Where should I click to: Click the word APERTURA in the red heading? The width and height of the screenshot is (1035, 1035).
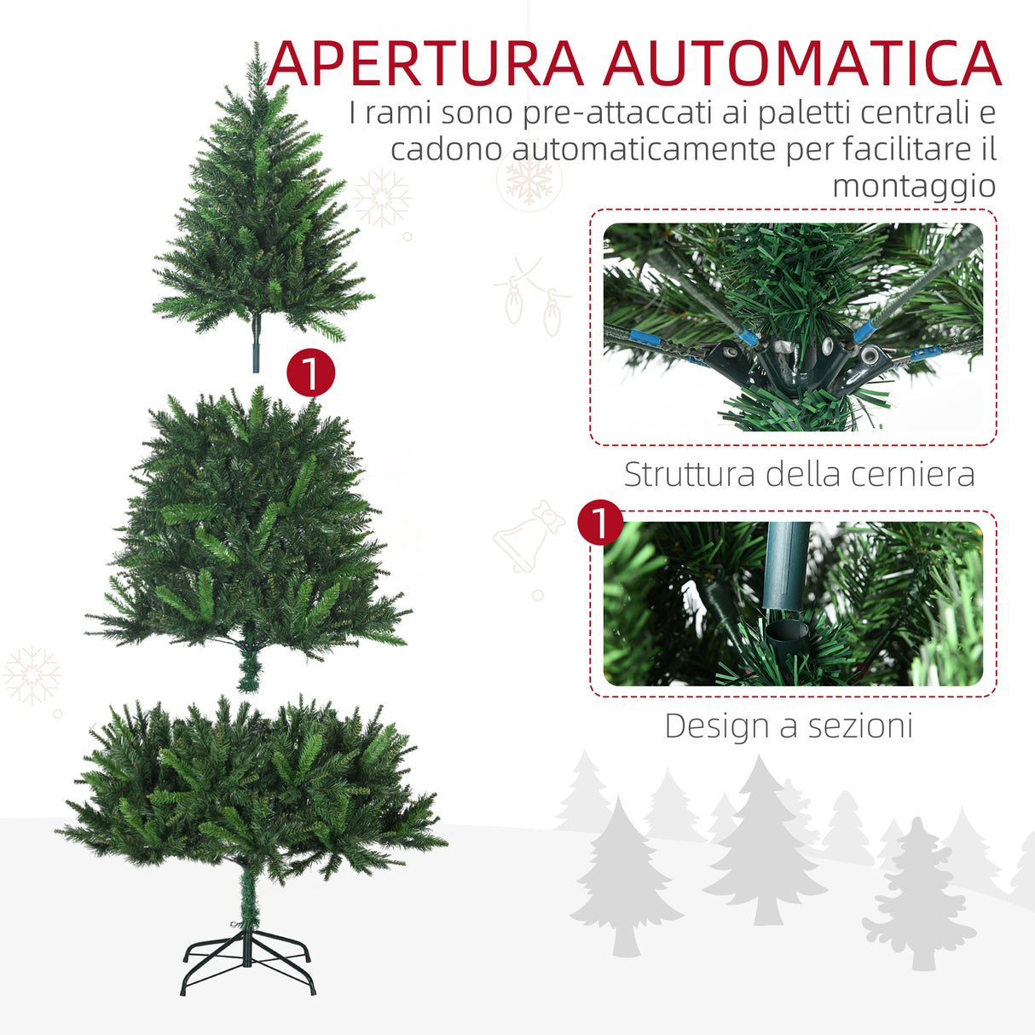425,63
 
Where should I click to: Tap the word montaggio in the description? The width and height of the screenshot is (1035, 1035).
913,185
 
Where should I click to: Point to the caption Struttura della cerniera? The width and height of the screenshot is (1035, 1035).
799,474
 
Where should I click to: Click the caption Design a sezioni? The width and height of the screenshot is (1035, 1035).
789,726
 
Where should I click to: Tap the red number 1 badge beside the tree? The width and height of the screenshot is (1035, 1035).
310,373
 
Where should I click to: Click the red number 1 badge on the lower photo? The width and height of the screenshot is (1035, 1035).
600,523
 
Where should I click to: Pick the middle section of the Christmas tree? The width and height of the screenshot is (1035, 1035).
247,529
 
